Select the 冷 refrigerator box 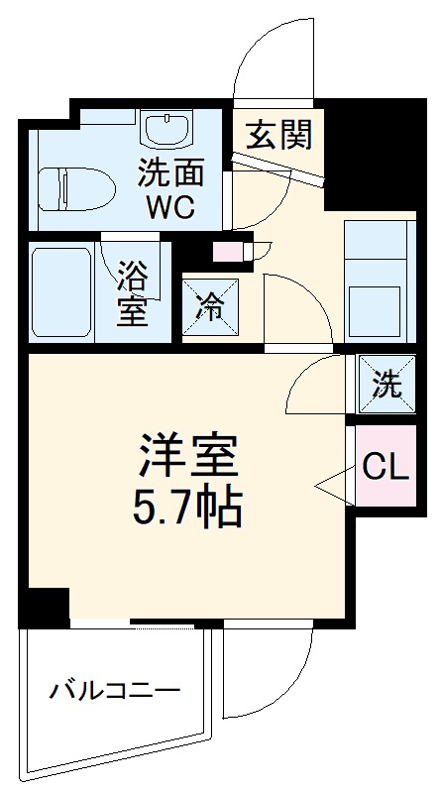[x=208, y=305]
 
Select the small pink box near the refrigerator [x=227, y=251]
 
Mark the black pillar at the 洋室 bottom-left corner [x=46, y=604]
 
